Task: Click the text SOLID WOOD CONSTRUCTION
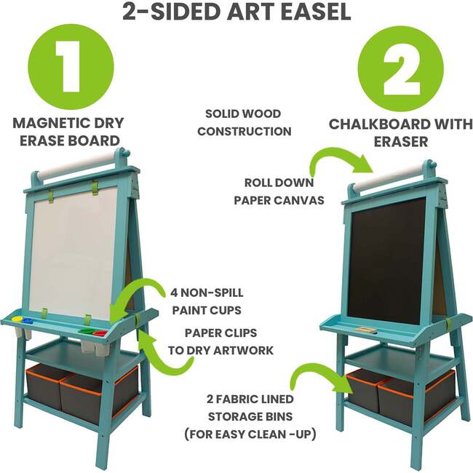244,122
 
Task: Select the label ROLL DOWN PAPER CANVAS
279,191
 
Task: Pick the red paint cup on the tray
100,333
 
